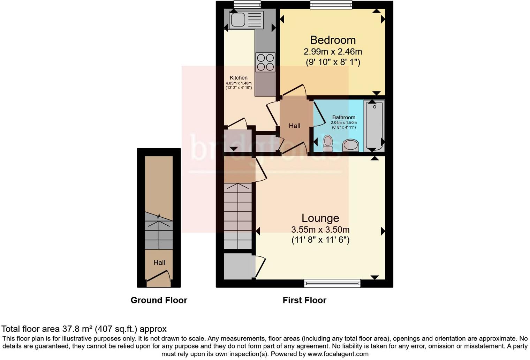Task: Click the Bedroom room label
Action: coord(333,40)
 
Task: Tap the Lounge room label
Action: coord(320,218)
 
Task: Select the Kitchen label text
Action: coord(238,78)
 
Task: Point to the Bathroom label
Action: coord(343,118)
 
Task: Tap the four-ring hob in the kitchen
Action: coord(265,62)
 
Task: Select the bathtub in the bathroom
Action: coord(374,126)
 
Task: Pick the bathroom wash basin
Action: coord(351,145)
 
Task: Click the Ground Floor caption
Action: coord(159,300)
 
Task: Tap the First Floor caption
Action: coord(304,300)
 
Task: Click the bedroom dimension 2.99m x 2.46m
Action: coord(333,52)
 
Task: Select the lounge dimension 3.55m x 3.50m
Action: coord(320,230)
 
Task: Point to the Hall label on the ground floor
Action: coord(159,262)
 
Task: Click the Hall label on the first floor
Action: coord(294,126)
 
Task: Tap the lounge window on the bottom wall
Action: coord(332,283)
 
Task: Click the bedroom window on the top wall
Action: coord(331,5)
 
